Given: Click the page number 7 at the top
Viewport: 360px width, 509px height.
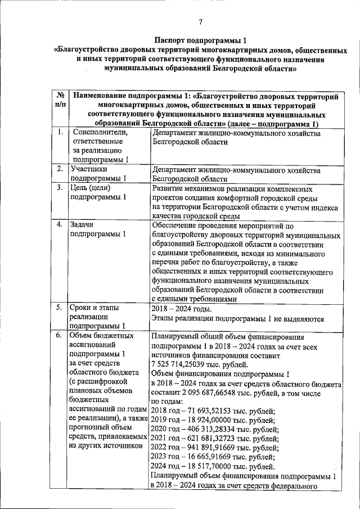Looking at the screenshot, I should (200, 22).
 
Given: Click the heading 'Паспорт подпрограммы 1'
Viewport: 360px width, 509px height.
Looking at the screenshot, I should (200, 40).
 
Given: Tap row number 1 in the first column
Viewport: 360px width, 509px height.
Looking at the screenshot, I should (60, 133).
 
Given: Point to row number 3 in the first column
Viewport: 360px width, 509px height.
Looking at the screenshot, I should (60, 188).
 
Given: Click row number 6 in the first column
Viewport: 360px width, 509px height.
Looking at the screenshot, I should (60, 336).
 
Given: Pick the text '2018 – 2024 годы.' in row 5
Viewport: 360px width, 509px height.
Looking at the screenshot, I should (182, 308).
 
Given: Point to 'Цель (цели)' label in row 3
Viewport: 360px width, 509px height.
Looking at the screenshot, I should (89, 188).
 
